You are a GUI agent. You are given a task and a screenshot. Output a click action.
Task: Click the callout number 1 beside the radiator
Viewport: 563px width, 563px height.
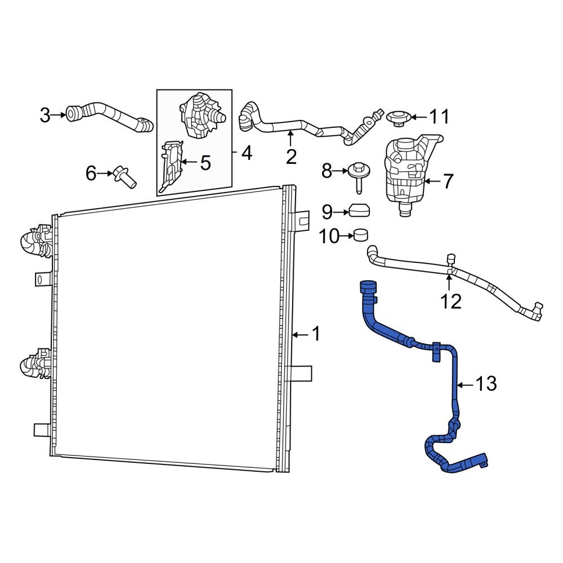point(316,334)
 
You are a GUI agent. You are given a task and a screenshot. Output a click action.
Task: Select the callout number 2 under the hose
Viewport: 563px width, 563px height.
point(291,156)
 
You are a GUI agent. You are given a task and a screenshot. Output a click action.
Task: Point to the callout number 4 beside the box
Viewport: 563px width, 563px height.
point(247,152)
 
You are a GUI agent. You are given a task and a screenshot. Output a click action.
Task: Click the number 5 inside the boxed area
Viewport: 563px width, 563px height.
point(205,163)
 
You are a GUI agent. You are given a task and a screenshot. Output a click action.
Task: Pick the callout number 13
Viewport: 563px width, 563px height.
point(485,385)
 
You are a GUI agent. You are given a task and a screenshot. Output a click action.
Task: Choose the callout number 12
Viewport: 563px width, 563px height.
point(451,302)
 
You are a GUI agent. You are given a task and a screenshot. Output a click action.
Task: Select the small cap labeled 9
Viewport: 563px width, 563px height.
point(359,211)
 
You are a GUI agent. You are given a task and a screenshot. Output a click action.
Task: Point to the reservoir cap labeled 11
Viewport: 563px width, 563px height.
point(397,117)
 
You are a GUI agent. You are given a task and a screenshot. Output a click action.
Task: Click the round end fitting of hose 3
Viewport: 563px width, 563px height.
point(74,113)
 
